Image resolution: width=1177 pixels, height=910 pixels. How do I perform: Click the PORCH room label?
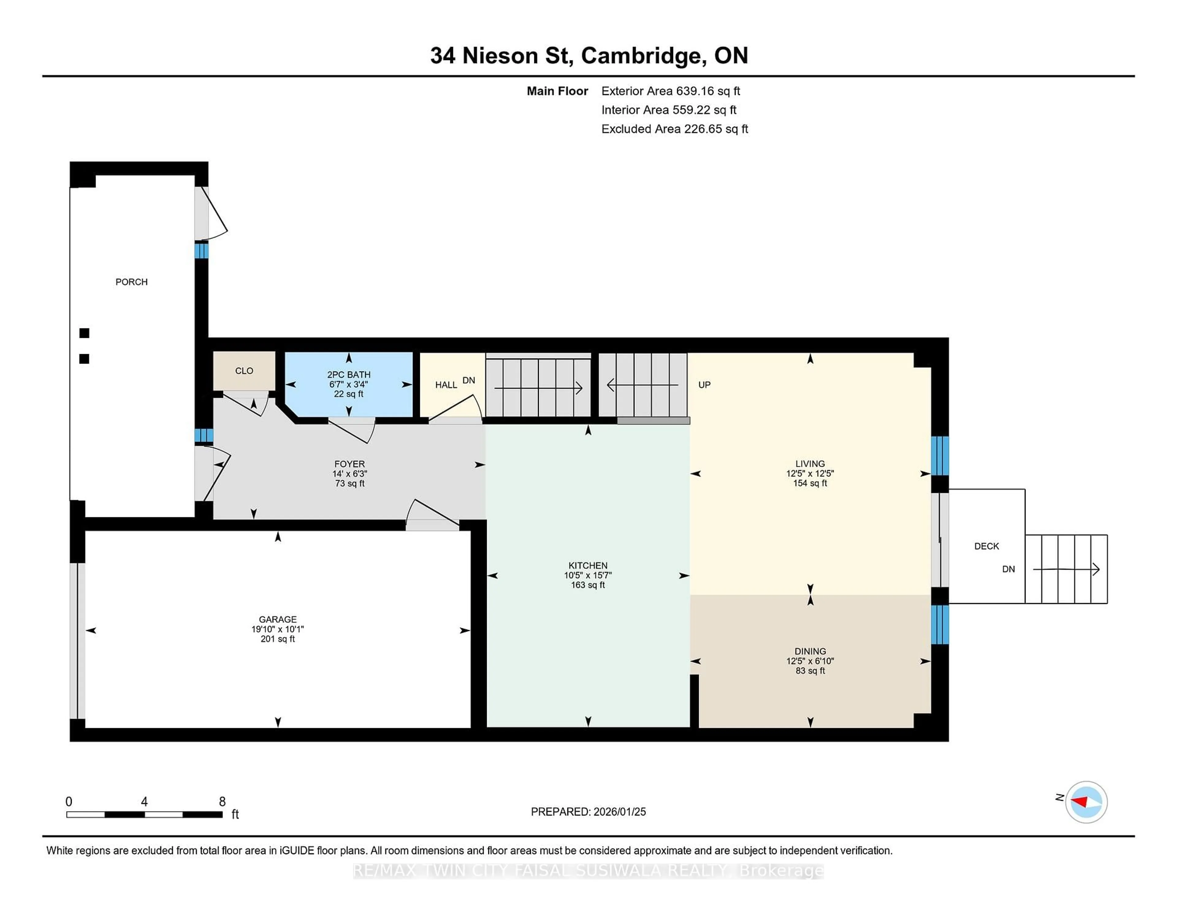[131, 282]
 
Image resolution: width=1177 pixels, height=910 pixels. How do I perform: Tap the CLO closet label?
[244, 371]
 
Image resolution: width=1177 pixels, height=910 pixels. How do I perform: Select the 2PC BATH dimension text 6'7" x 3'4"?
[349, 384]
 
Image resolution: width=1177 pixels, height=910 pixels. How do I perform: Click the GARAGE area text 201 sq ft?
[277, 639]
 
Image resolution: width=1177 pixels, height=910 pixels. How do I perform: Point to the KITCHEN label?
[588, 565]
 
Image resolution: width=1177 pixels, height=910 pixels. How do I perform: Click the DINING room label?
[810, 651]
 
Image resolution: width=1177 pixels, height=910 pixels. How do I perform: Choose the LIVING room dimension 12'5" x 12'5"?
[810, 473]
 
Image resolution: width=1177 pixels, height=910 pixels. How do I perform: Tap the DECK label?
[987, 546]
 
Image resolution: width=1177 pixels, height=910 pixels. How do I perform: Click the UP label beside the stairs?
[704, 385]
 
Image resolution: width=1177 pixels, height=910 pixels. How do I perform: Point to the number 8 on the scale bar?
[222, 802]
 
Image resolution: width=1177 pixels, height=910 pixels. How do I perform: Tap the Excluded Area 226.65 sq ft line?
[674, 129]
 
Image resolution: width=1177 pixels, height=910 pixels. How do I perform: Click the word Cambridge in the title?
[640, 55]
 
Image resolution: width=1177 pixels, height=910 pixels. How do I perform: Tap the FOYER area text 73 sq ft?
[349, 484]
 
